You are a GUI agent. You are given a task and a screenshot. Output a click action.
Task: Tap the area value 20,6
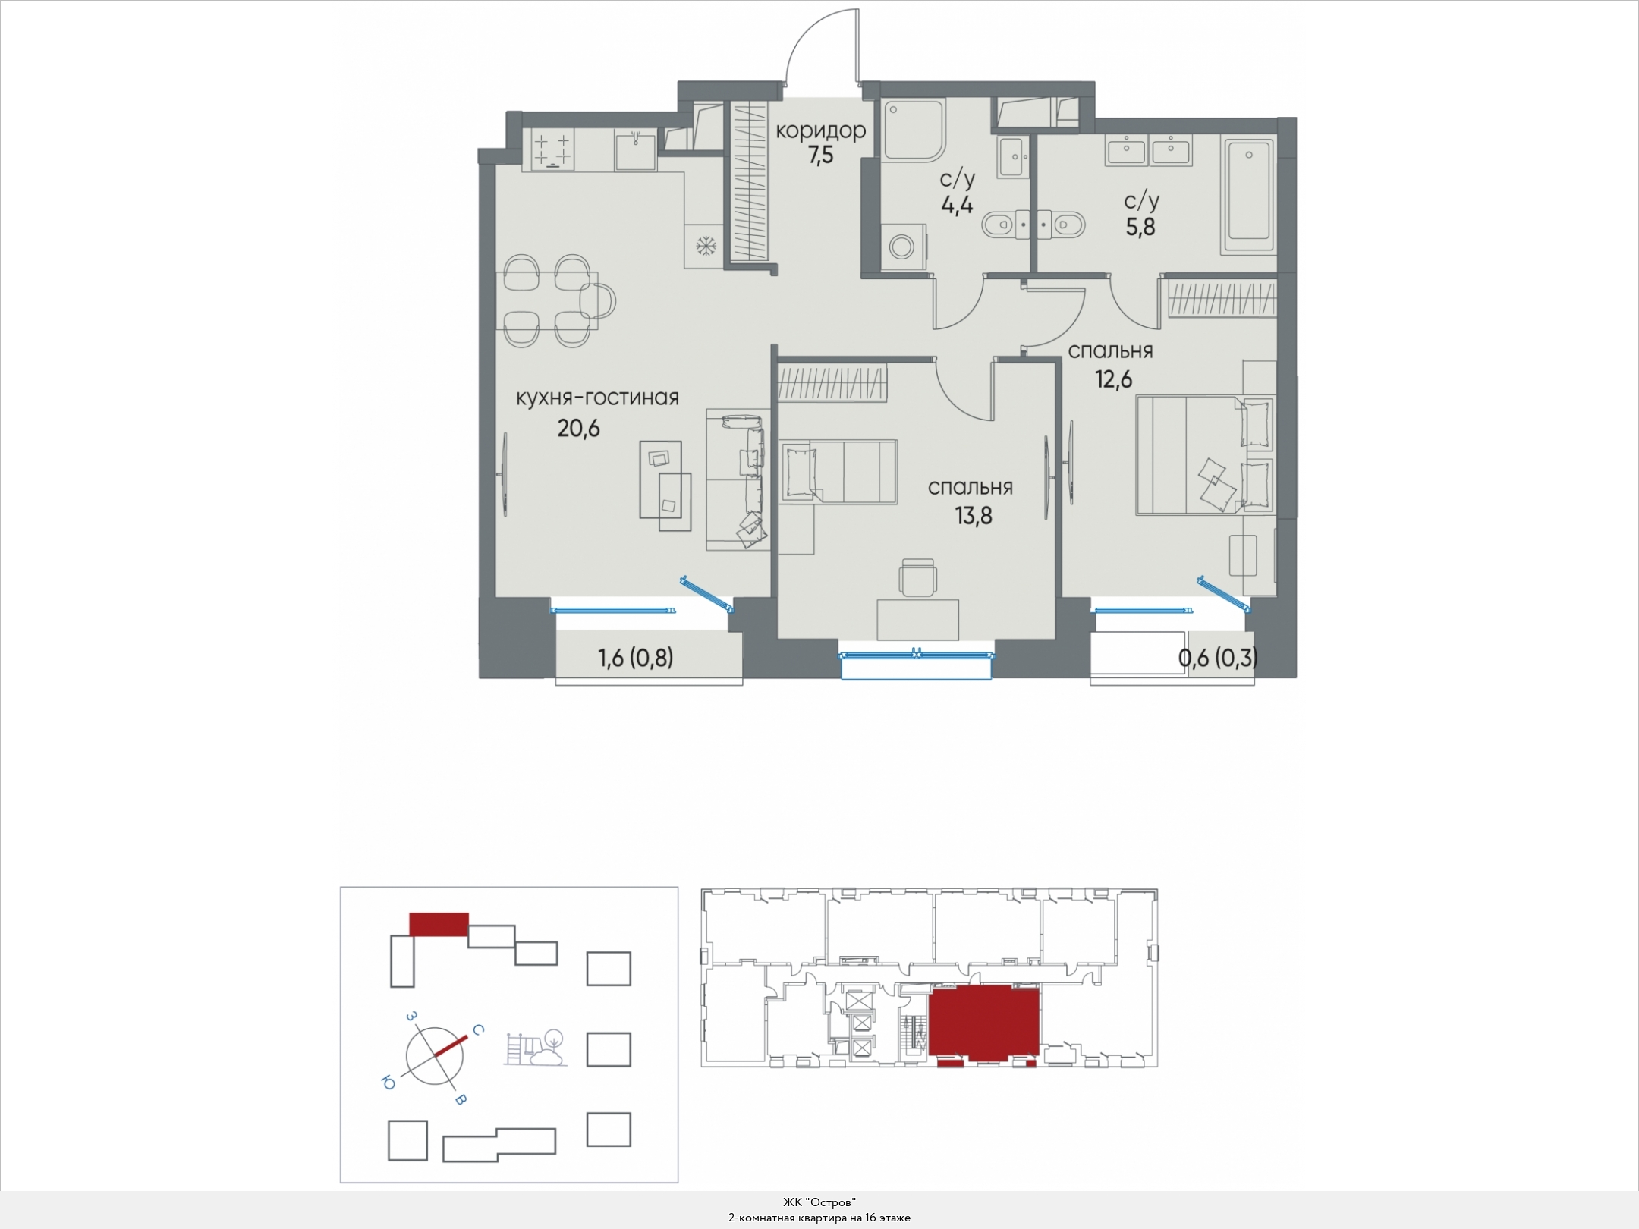tap(578, 429)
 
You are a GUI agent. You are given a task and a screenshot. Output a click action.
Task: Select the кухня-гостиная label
tap(597, 398)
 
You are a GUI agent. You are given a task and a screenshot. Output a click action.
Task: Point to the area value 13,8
tap(974, 517)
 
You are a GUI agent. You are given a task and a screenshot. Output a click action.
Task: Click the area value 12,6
tap(1112, 379)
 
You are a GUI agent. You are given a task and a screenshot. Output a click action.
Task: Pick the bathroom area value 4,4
tap(957, 206)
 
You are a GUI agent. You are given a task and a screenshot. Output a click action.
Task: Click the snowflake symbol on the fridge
tap(706, 246)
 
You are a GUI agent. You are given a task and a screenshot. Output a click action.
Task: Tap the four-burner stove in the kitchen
tap(552, 149)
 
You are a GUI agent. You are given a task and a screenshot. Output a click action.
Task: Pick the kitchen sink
tap(636, 150)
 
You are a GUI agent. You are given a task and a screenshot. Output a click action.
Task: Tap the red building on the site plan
tap(439, 924)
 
